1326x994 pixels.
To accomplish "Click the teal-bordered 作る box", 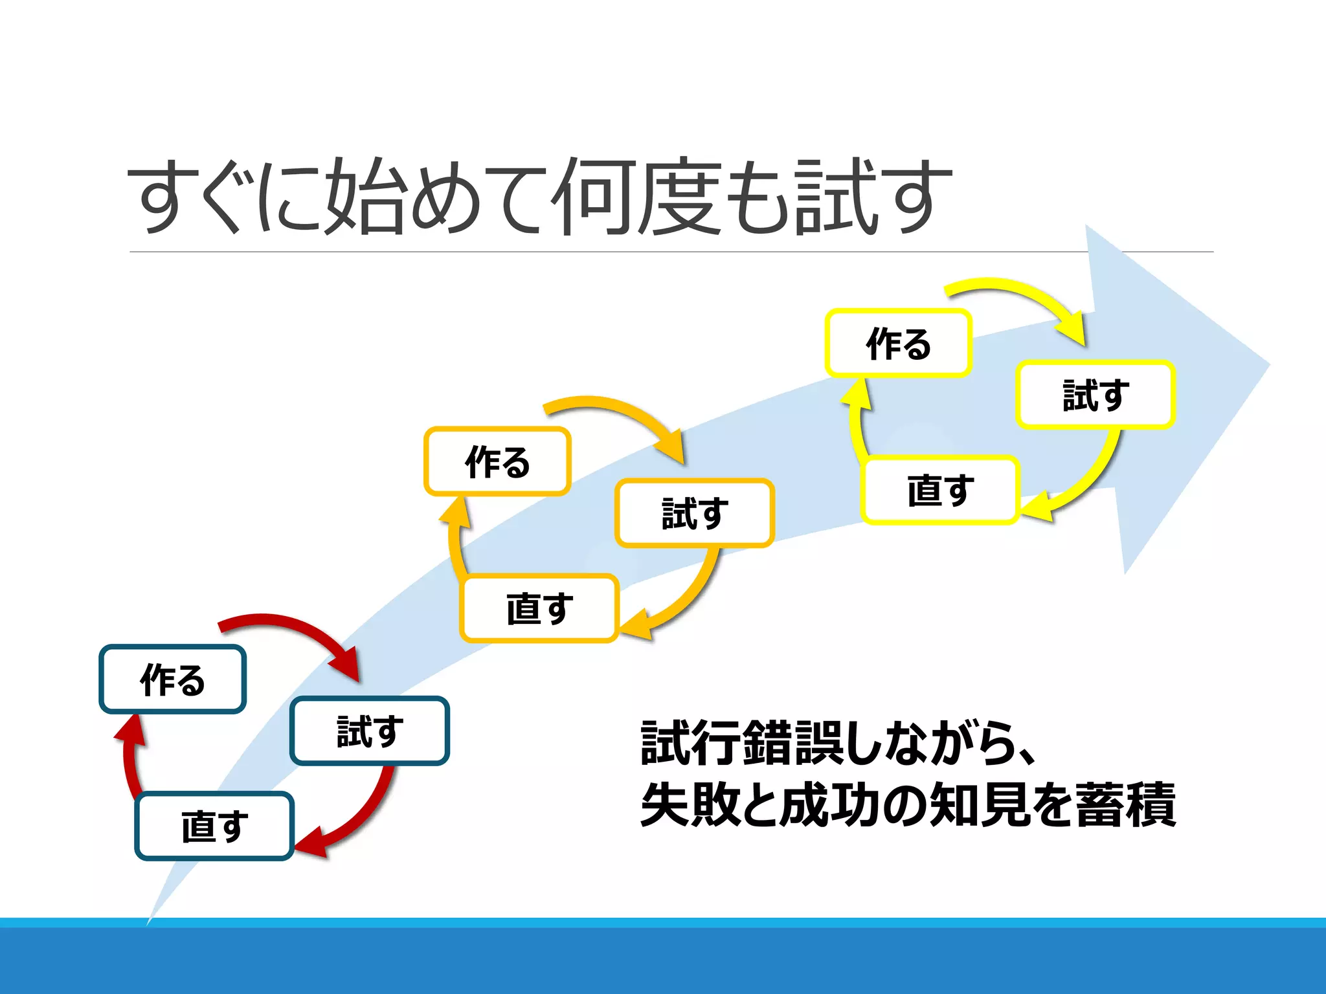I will [x=172, y=679].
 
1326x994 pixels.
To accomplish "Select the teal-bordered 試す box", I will [x=370, y=731].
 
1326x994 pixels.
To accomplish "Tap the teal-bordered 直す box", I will [x=214, y=826].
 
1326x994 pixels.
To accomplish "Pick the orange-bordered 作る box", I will [x=497, y=461].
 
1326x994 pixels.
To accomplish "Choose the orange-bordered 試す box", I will [x=695, y=513].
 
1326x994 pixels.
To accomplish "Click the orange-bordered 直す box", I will [x=539, y=608].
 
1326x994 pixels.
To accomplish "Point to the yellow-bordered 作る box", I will [x=898, y=343].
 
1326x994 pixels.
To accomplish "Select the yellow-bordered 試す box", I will [x=1096, y=395].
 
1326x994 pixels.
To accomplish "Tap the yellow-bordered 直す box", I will [x=940, y=490].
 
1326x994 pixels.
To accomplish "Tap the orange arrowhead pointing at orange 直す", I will [x=636, y=625].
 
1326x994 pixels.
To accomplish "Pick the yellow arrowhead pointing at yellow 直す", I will [x=1037, y=507].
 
